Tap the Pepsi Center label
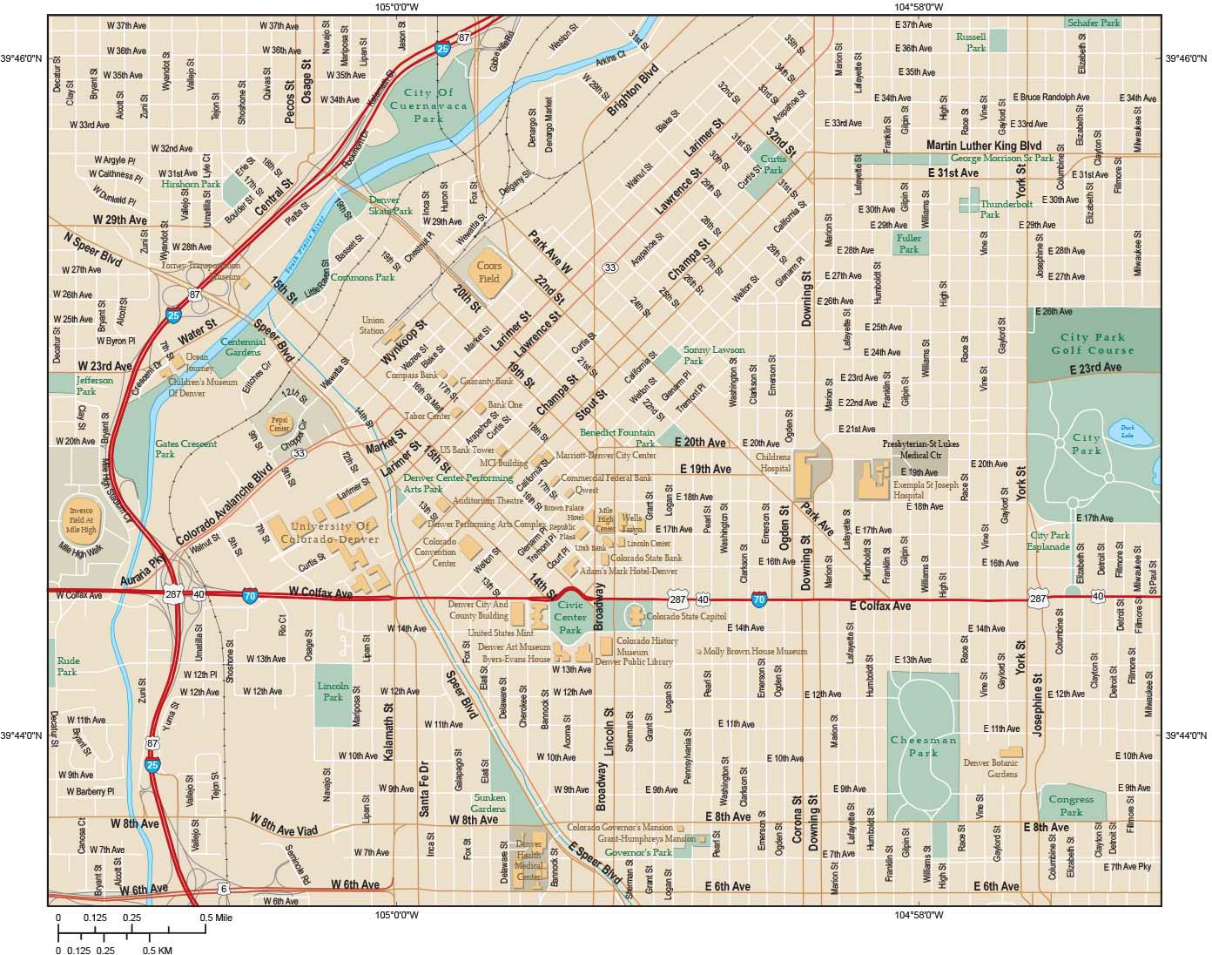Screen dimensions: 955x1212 click(279, 425)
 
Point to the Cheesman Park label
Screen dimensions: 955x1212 click(923, 746)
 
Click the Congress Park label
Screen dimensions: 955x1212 click(1071, 806)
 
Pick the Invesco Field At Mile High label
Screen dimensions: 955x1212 click(86, 515)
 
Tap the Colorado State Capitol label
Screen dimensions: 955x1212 click(686, 616)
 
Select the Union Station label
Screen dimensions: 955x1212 click(372, 326)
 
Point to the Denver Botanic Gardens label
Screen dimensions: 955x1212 click(990, 768)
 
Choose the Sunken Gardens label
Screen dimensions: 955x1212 click(488, 803)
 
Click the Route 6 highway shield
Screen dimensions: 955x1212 click(223, 888)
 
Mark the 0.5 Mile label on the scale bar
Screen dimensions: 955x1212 click(216, 918)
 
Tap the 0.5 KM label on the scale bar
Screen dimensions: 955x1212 click(158, 950)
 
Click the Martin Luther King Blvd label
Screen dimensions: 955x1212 click(984, 145)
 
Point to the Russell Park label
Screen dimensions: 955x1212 click(971, 43)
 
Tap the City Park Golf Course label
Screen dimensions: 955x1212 click(1092, 343)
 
